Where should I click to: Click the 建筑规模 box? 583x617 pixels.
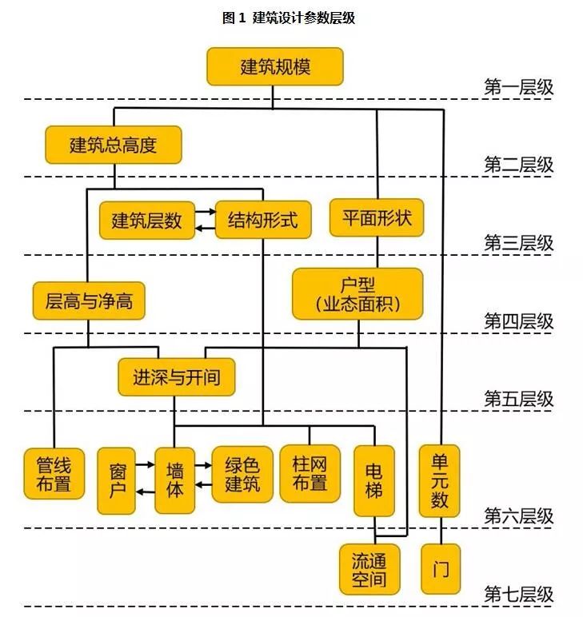tap(274, 67)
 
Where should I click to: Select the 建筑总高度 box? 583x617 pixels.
tap(113, 145)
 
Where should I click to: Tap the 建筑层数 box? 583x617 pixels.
tap(147, 220)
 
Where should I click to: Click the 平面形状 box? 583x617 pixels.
tap(377, 217)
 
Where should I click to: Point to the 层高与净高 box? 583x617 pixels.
tap(89, 301)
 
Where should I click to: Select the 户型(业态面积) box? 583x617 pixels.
tap(357, 294)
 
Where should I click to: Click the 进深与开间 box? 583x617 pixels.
tap(177, 376)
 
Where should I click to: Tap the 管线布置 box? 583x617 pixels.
tap(54, 474)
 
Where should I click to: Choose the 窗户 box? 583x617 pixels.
tap(116, 480)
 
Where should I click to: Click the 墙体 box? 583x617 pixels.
tap(174, 480)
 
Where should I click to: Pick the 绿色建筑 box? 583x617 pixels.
tap(242, 474)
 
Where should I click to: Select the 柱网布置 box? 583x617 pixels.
tap(309, 474)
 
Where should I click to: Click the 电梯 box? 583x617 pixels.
tap(373, 480)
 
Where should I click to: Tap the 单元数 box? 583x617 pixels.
tap(440, 480)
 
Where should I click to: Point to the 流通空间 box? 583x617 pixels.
tap(369, 569)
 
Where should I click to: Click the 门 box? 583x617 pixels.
tap(440, 569)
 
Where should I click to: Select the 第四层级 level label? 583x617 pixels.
tap(518, 321)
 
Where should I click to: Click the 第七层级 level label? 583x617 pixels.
tap(518, 595)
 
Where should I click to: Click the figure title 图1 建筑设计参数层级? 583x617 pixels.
tap(289, 18)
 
